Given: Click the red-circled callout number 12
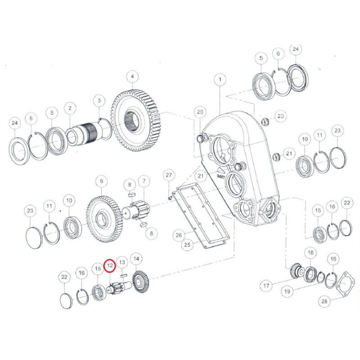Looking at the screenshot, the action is pyautogui.click(x=110, y=265).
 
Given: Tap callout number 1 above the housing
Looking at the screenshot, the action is pyautogui.click(x=220, y=80).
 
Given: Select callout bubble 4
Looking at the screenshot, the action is pyautogui.click(x=132, y=76).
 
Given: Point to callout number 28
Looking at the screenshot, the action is pyautogui.click(x=324, y=301).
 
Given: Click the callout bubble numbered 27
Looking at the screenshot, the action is pyautogui.click(x=169, y=175).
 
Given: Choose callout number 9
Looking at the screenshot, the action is pyautogui.click(x=102, y=181).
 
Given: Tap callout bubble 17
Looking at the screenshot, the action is pyautogui.click(x=266, y=286).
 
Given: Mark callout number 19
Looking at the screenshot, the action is pyautogui.click(x=287, y=292).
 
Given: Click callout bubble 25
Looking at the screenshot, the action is pyautogui.click(x=187, y=245).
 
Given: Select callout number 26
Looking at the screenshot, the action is pyautogui.click(x=179, y=235).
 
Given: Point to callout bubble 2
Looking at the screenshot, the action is pyautogui.click(x=70, y=108).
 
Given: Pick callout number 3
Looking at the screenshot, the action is pyautogui.click(x=99, y=100).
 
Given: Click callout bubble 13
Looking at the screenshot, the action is pyautogui.click(x=122, y=262).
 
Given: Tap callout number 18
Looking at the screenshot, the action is pyautogui.click(x=310, y=253).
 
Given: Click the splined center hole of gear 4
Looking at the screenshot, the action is pyautogui.click(x=131, y=121).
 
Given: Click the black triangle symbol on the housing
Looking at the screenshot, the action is pyautogui.click(x=220, y=171).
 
